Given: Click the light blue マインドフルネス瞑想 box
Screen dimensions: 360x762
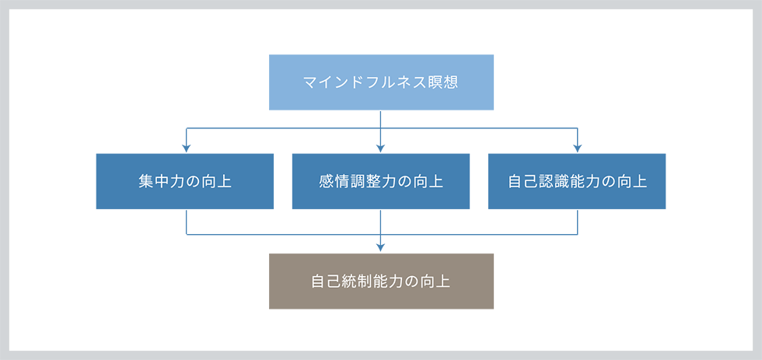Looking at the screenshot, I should tap(381, 82).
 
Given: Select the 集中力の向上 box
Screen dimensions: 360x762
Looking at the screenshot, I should tap(185, 181).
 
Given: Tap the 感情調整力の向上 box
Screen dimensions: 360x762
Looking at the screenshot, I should tap(381, 181).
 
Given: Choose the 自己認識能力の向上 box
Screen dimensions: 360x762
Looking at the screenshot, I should tap(577, 181).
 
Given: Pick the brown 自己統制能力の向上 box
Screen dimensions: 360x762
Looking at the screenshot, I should tap(381, 281).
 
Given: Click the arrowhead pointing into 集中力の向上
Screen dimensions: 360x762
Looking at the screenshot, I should tap(186, 149).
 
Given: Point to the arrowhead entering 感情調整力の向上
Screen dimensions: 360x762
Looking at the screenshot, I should tap(381, 149).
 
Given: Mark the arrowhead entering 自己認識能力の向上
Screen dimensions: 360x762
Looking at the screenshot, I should tap(577, 149).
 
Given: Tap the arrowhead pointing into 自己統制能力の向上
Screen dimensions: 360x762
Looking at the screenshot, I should tap(381, 248).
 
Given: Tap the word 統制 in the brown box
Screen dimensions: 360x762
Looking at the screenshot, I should tap(355, 281).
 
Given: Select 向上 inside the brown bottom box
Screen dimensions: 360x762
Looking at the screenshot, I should tap(435, 281).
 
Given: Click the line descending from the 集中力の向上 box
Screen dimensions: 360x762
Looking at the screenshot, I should tap(187, 221).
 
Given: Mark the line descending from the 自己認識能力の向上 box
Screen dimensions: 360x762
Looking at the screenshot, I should tap(577, 221).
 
